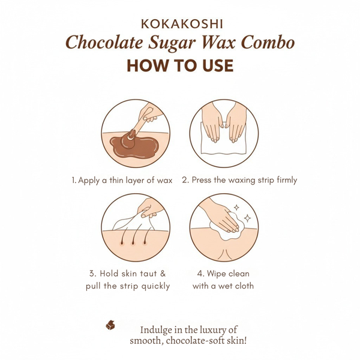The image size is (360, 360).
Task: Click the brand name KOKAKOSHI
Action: (180, 24)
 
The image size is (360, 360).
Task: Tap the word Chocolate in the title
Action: (100, 44)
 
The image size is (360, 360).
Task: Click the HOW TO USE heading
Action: (180, 65)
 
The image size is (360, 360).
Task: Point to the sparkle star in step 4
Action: (237, 208)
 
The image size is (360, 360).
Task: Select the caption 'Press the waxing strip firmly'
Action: (239, 180)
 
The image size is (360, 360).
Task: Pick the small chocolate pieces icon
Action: (110, 325)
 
